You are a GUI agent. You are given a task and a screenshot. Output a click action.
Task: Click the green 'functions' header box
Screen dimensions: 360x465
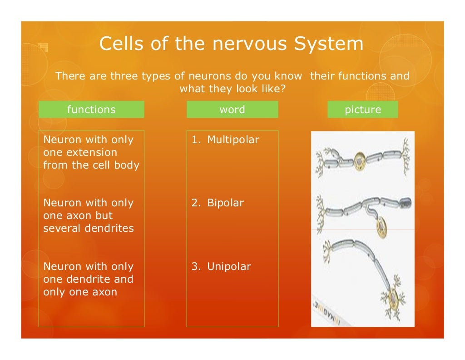tap(91, 110)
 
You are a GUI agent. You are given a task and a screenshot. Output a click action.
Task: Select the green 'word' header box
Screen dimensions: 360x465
tap(232, 110)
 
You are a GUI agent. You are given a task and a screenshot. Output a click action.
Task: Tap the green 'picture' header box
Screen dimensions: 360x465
tap(362, 110)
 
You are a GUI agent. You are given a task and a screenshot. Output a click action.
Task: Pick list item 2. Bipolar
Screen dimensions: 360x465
tap(218, 203)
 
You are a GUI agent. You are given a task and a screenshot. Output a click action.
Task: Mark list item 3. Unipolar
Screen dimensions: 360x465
tap(221, 267)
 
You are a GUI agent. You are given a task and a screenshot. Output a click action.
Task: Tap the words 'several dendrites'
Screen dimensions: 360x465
tap(89, 228)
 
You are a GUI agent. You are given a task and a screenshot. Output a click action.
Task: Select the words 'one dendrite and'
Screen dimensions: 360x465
tap(88, 279)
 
